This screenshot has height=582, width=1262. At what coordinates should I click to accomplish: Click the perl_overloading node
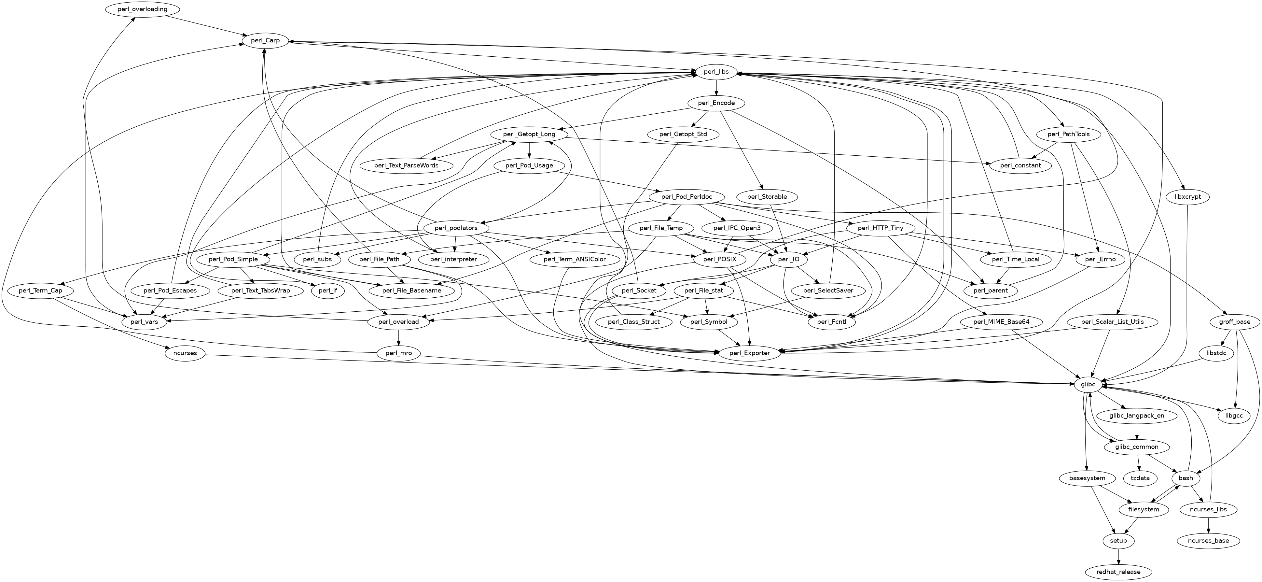coord(142,9)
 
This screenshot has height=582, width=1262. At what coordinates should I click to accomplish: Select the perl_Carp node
coord(265,41)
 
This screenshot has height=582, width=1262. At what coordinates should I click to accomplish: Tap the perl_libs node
coord(716,72)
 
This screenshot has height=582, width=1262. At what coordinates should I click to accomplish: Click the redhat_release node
coord(1118,572)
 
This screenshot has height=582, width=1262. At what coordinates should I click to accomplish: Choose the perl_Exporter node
coord(750,353)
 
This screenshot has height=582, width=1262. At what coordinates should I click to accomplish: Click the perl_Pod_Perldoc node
coord(686,197)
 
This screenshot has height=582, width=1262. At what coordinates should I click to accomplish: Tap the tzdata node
coord(1140,478)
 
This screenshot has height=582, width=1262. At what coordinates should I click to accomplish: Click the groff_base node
coord(1234,322)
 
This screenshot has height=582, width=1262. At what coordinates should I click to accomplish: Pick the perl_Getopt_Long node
coord(529,135)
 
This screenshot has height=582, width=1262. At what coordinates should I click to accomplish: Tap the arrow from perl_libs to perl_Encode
coord(716,88)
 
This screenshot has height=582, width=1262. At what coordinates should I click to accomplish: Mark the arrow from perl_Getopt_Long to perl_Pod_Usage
coord(529,150)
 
